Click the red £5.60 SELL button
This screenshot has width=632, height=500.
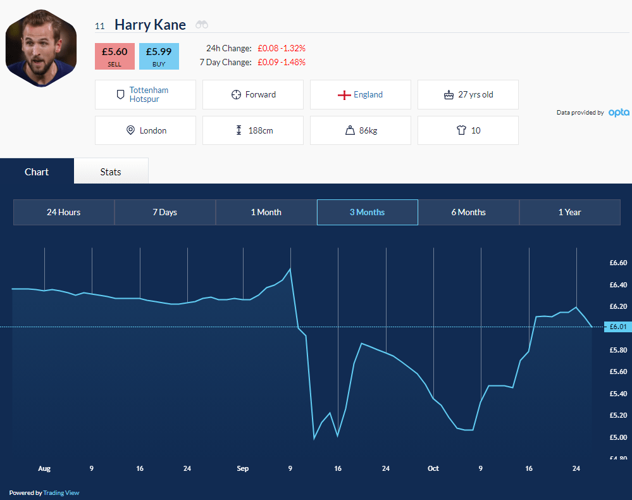pos(115,56)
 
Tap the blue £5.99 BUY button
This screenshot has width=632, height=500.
pos(159,56)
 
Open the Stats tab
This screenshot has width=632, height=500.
pos(111,172)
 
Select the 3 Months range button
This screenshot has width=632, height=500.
pos(367,212)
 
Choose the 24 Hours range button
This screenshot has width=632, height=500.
pos(64,212)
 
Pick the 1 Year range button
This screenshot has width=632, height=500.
pos(569,212)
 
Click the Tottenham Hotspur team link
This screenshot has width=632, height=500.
pos(149,95)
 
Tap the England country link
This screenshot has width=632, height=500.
pos(368,95)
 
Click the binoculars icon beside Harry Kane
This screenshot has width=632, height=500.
pos(202,25)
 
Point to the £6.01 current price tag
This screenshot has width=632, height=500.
pos(617,327)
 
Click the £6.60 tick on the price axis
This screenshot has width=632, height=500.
pos(618,263)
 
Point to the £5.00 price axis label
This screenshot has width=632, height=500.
pos(618,437)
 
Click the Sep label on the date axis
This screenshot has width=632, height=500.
pos(243,468)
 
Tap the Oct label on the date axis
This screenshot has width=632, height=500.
pos(433,468)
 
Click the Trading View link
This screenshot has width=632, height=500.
pos(61,493)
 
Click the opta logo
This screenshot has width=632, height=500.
pos(619,113)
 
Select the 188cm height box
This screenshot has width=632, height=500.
pos(252,130)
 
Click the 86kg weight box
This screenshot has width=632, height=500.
pos(361,130)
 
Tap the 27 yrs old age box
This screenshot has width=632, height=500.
pos(468,95)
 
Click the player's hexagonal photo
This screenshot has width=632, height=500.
pos(41,48)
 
